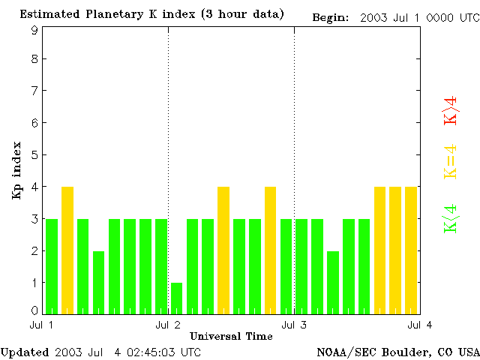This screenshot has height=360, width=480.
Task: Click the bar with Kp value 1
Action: pos(176,298)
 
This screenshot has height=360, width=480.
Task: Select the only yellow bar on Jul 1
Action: pos(67,250)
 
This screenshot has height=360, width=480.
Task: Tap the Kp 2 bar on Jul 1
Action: pos(98,282)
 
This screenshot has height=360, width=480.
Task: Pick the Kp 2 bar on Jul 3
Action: pos(333,282)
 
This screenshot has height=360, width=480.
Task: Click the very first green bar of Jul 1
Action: pos(52,266)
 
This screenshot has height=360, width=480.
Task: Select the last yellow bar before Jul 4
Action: pos(411,250)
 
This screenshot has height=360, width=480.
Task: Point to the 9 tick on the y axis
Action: pos(34,31)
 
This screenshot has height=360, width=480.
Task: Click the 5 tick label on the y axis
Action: pos(34,155)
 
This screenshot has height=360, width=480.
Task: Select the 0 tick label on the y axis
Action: pos(34,310)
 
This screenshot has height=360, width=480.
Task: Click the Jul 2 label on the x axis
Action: pos(167,325)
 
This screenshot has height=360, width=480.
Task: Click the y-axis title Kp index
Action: pos(16,171)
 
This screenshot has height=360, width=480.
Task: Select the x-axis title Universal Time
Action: pos(231,336)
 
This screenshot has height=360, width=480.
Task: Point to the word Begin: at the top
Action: pos(330,16)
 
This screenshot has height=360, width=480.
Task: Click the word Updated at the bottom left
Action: pos(25,352)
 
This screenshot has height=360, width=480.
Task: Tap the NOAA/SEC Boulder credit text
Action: pos(397,352)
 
